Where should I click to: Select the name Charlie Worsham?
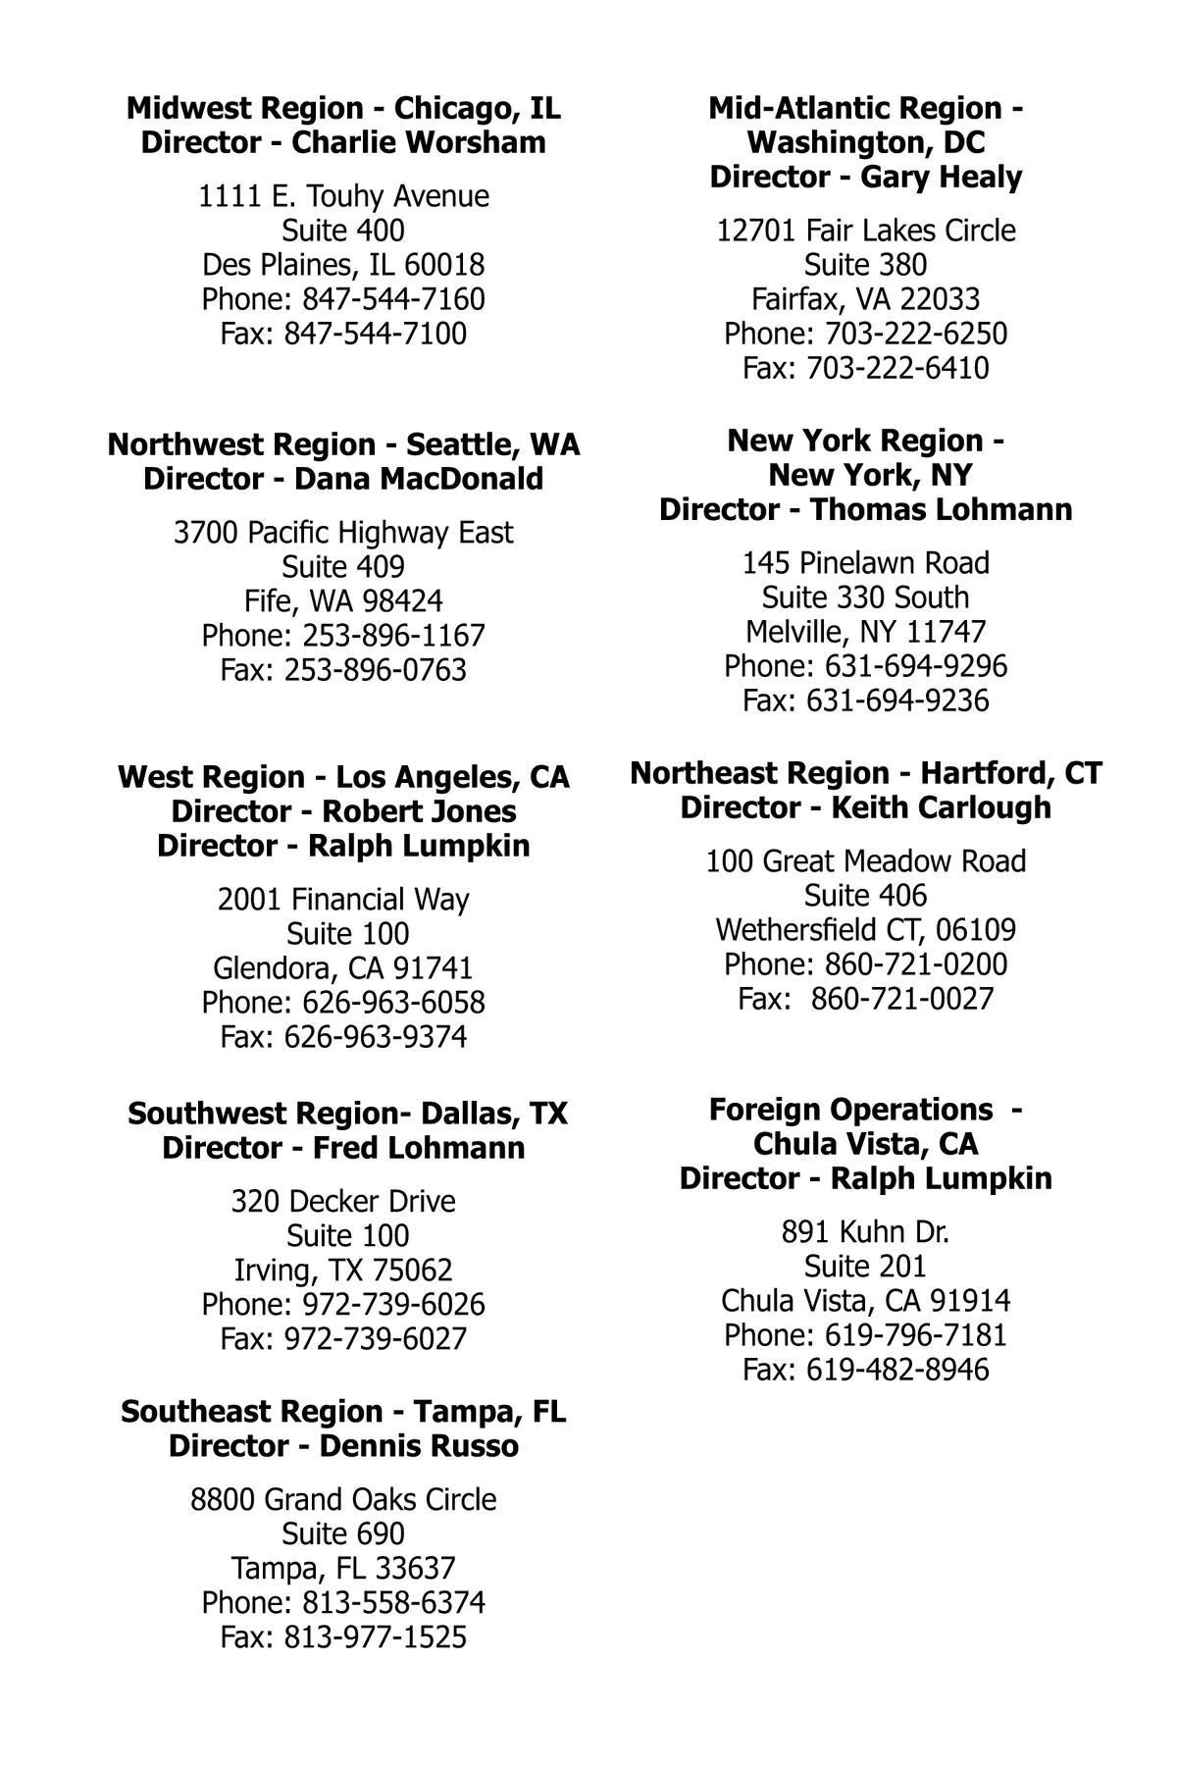pos(419,142)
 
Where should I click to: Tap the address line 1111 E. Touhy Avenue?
pos(343,196)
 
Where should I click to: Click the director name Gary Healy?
pos(941,177)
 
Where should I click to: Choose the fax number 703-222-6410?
pos(897,368)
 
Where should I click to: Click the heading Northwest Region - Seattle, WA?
pos(343,444)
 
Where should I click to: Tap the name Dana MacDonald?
pos(419,479)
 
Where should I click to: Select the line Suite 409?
pos(343,567)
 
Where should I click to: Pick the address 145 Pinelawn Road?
pos(865,563)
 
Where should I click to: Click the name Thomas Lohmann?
pos(941,509)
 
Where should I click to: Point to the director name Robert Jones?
pos(419,811)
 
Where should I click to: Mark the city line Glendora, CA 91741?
pos(343,968)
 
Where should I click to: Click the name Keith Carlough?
pos(941,807)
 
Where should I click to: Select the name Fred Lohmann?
pos(419,1148)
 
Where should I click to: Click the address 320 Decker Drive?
pos(343,1202)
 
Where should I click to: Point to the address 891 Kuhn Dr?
pos(865,1232)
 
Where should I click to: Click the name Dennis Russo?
pos(419,1446)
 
